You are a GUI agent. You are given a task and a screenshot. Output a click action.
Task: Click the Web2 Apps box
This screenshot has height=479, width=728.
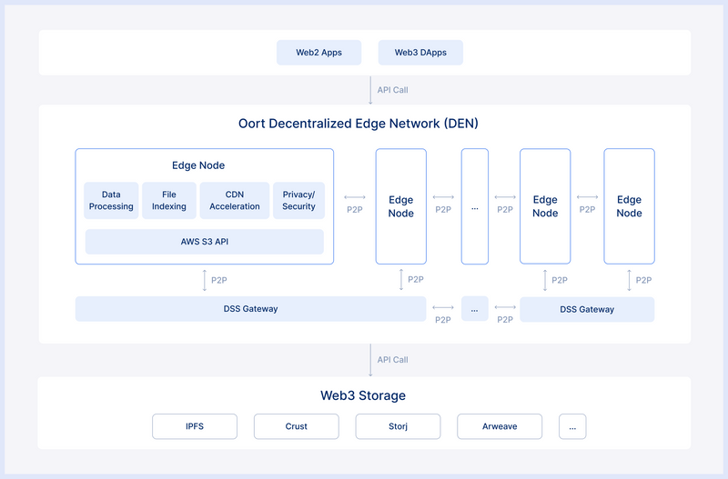pos(318,53)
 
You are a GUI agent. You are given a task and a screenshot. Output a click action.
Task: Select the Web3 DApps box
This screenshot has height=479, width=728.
pos(420,53)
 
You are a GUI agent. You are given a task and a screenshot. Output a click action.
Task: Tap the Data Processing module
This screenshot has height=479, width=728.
pos(111,201)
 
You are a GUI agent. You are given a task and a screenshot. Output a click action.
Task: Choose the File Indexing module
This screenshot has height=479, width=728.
pos(169,201)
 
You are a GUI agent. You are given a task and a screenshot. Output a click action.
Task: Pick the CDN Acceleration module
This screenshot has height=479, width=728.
pos(235,201)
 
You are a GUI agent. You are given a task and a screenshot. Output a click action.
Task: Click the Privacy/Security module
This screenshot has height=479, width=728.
pos(298,201)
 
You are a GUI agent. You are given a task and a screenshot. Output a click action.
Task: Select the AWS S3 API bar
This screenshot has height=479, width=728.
pos(204,242)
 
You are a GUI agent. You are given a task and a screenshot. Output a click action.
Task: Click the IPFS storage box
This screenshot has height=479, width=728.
pos(195,426)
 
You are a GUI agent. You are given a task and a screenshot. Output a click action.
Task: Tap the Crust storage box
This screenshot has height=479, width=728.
pos(296,426)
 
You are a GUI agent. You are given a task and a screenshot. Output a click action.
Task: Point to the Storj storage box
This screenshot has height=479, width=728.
pos(398,426)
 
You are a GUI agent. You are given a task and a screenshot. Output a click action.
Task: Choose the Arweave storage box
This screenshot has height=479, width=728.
pos(500,426)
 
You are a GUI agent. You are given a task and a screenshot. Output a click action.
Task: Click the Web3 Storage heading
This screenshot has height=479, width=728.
pos(363,395)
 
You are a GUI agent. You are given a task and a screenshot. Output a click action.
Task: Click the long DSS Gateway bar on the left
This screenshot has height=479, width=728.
pos(250,309)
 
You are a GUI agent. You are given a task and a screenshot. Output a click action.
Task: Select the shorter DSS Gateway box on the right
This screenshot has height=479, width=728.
pos(587,309)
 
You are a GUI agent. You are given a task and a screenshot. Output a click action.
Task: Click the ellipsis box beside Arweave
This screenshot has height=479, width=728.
pos(572,426)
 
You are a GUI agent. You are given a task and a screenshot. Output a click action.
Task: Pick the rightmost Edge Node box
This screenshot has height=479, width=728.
pos(629,206)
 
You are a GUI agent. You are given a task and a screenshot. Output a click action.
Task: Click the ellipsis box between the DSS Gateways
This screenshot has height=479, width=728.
pos(475,309)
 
